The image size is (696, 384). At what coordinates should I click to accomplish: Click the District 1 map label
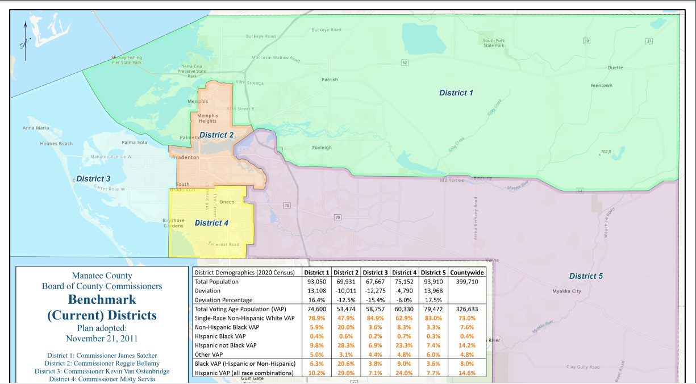point(456,93)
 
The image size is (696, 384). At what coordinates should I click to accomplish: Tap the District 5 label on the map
point(586,276)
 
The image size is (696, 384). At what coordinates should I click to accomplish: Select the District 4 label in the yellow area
point(211,223)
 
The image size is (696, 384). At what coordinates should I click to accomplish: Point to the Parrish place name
point(330,80)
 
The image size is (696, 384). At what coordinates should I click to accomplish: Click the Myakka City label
point(567,291)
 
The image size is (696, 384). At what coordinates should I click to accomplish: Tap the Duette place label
point(615,68)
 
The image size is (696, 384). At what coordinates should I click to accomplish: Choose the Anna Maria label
point(35,128)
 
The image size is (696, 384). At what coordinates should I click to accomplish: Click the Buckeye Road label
point(326,30)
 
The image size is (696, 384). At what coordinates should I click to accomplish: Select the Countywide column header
point(467,273)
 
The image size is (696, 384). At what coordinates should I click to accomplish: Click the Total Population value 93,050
point(317,282)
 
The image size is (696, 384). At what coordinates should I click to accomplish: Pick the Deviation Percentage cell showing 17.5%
point(434,300)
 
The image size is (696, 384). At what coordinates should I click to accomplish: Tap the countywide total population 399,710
point(467,282)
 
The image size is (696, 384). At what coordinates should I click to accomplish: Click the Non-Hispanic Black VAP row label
point(227,327)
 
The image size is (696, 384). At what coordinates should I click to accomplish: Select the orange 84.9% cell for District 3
point(376,318)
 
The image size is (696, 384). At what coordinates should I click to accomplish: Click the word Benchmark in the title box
point(102,299)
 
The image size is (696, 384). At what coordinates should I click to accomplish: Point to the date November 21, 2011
point(102,339)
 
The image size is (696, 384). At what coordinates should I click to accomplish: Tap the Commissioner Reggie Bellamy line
point(102,364)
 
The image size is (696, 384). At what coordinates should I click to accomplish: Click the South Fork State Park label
point(493,43)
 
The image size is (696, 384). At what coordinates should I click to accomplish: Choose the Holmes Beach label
point(56,144)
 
